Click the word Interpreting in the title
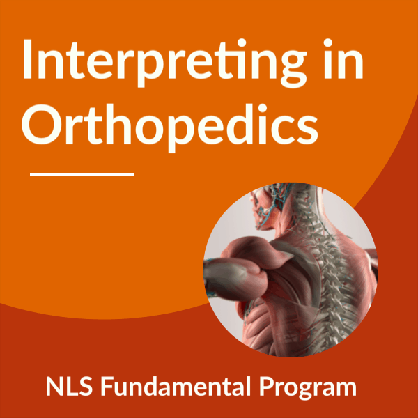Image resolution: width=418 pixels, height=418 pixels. (165, 63)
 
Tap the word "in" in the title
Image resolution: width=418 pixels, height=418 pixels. (343, 59)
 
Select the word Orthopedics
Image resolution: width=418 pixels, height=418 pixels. (170, 125)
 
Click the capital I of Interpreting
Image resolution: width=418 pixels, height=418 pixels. (27, 59)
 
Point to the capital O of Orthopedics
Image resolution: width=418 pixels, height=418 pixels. (42, 125)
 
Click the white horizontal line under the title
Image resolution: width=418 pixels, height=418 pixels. (82, 175)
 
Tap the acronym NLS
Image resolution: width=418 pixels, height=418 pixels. (69, 386)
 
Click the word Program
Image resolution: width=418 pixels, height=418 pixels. (308, 389)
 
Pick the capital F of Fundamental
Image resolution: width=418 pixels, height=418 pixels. (107, 386)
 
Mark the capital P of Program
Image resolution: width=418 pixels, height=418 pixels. (266, 386)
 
